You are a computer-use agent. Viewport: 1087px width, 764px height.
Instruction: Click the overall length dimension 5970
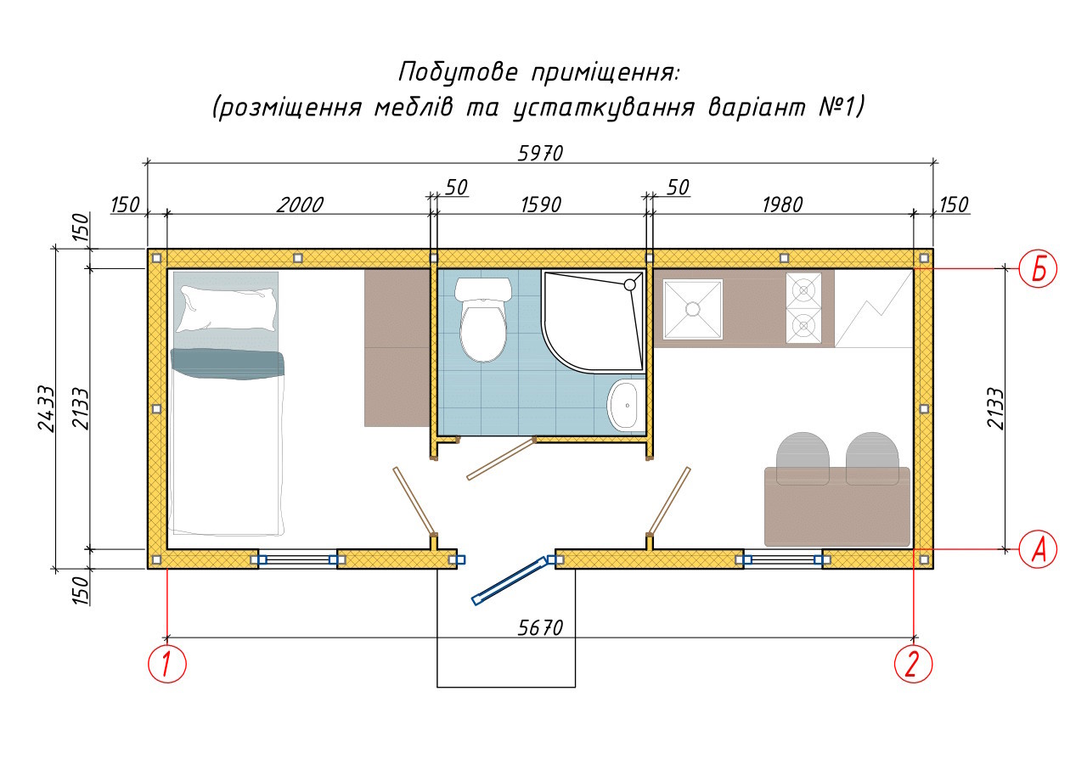click(x=540, y=154)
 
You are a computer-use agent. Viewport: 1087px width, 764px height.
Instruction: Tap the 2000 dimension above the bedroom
click(x=300, y=205)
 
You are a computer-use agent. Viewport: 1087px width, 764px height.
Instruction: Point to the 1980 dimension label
click(x=782, y=205)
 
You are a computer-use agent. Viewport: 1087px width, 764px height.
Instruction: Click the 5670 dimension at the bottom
click(x=540, y=628)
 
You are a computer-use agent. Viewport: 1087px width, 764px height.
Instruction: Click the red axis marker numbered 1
click(x=167, y=664)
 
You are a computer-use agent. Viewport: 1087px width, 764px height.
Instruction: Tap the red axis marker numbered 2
click(x=914, y=664)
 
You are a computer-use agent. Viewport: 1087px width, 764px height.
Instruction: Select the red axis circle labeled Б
click(x=1038, y=269)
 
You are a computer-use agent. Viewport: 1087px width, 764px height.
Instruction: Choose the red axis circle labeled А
click(x=1038, y=548)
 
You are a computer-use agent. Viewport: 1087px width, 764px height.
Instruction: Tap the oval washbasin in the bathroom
click(x=626, y=406)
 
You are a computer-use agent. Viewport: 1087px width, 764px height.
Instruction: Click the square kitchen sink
click(x=692, y=309)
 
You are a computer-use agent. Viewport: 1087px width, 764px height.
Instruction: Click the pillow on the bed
click(x=227, y=308)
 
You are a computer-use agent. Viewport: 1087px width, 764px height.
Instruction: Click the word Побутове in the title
click(x=455, y=72)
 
